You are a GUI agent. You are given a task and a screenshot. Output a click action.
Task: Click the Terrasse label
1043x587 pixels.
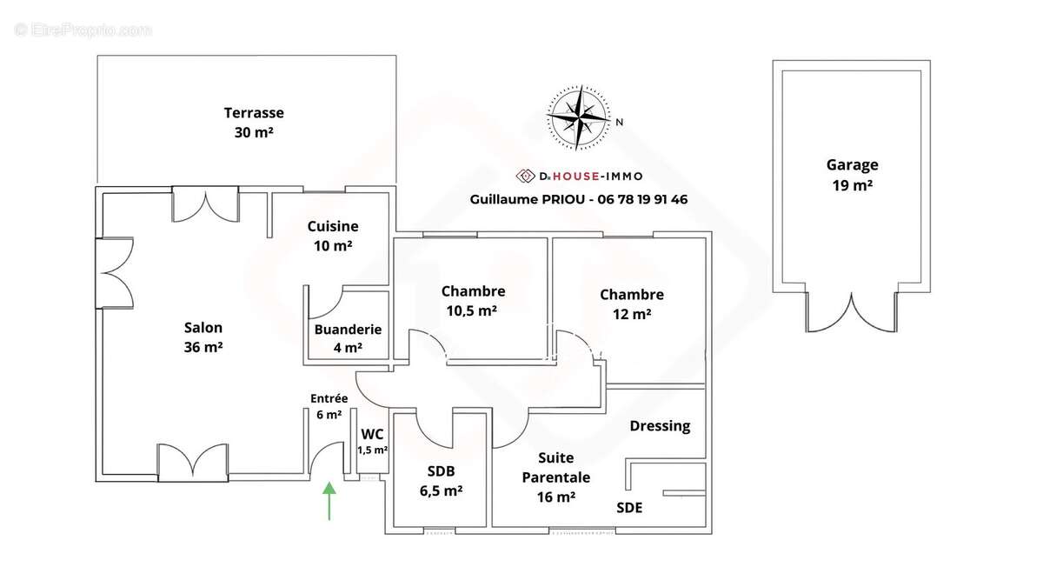254,113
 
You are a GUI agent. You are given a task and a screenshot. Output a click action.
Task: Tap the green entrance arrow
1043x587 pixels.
329,501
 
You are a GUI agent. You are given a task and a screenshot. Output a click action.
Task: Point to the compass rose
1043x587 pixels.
578,117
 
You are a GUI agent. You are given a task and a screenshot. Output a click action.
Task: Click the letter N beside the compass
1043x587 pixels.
619,122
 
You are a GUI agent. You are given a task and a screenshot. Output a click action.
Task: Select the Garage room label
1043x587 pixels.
852,164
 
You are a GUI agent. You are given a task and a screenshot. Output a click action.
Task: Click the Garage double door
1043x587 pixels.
852,312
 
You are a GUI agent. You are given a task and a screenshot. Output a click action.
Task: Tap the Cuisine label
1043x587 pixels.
333,226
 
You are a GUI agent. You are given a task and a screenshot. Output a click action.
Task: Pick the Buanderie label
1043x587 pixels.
348,330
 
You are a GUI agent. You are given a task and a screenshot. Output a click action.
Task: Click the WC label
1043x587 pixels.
372,434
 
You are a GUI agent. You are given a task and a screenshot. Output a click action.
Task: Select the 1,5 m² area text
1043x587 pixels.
373,450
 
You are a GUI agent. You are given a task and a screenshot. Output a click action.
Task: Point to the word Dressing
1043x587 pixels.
660,426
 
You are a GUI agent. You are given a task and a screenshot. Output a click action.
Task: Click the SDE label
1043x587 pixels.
629,507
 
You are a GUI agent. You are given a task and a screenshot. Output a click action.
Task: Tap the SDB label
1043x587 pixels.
441,471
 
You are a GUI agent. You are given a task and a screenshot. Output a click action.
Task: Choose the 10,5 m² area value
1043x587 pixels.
472,310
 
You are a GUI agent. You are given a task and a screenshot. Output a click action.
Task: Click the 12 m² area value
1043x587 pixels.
632,314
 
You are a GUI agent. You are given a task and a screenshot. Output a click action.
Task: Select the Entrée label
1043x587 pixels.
329,398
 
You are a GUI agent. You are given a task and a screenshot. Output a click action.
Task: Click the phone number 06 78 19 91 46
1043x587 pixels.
642,199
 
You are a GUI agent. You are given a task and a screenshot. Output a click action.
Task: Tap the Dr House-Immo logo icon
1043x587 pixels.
525,176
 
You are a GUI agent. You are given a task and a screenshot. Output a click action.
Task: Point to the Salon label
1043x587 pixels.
203,328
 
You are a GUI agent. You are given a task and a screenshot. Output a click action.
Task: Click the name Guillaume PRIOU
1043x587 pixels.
527,199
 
